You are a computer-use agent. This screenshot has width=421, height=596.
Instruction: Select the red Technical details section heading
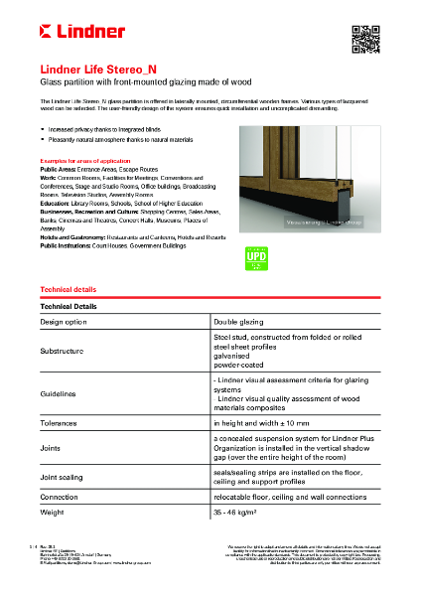68,289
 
